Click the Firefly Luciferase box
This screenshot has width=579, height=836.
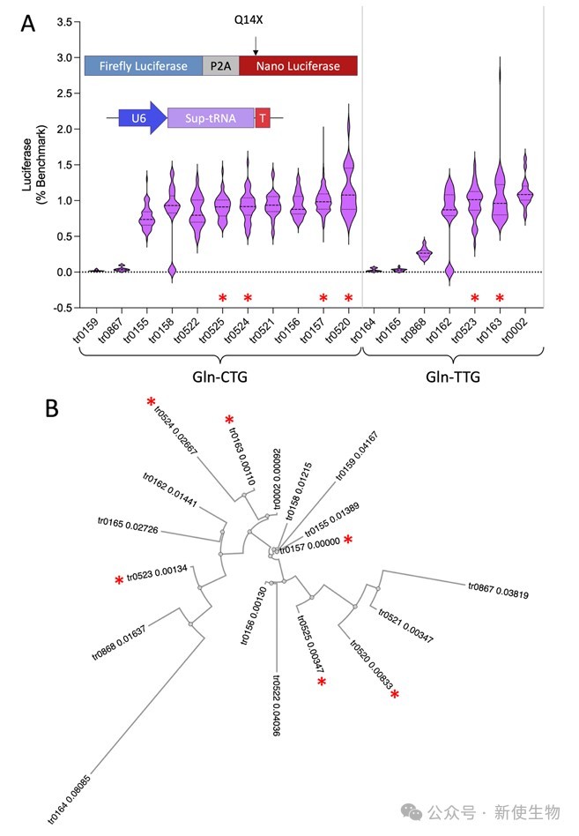[144, 66]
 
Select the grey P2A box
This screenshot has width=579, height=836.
[220, 66]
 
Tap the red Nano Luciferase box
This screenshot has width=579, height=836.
[298, 66]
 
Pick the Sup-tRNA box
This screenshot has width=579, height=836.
[211, 118]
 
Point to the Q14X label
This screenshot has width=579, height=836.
[249, 20]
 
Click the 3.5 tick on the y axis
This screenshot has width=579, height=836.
[64, 22]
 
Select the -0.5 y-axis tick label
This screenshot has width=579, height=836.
[63, 308]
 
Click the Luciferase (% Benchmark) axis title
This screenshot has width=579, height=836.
[34, 164]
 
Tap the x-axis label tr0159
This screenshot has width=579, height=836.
[86, 330]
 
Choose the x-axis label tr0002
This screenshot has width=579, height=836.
[515, 330]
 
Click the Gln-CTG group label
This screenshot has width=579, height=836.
[219, 377]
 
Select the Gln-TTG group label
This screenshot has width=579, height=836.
[453, 377]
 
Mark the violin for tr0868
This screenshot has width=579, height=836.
[425, 250]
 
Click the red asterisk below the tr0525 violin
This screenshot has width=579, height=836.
[223, 297]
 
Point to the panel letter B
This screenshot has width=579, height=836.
[52, 408]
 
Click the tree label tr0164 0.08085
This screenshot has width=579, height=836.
[70, 799]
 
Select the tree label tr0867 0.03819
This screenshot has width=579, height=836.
[499, 590]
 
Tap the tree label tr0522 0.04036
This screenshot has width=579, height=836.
[276, 705]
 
